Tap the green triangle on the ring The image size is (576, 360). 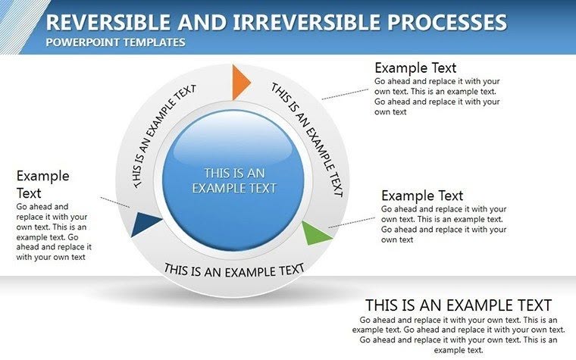coord(317,232)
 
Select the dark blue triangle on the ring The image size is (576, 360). coord(146,224)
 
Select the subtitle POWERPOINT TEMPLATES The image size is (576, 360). coord(115,42)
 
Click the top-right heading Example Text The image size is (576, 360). coord(415,67)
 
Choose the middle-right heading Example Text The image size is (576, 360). coord(422,196)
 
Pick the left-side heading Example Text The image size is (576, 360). coord(43,184)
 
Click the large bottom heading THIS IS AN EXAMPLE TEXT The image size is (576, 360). coord(459,305)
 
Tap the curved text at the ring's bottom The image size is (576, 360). coord(234,269)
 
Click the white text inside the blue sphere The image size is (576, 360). coord(234,180)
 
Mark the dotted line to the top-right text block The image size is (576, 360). coord(345,92)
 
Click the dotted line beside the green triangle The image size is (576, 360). coord(353,221)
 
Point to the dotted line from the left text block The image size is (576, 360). coord(115,203)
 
